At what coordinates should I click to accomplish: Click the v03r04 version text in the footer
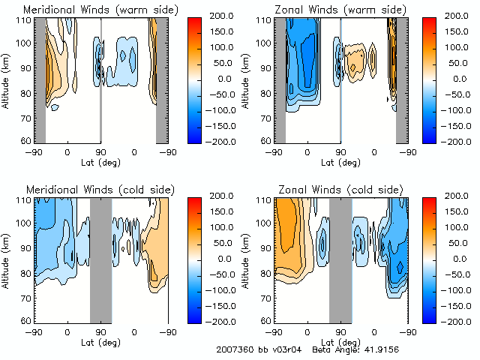(289, 350)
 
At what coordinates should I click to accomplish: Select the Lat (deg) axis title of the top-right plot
(340, 162)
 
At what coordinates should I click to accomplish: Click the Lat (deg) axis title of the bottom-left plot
(100, 342)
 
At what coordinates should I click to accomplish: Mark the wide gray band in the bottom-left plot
(100, 259)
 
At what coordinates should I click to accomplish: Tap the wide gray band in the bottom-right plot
(340, 259)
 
